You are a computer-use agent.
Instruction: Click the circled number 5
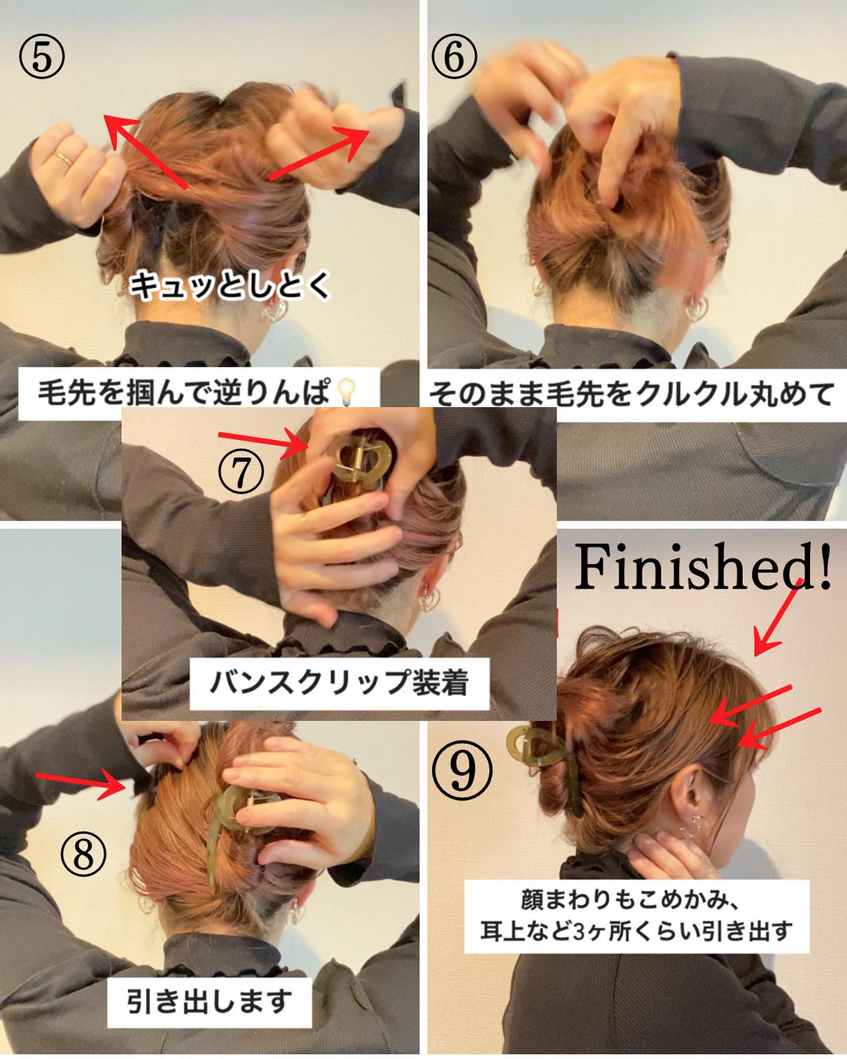click(42, 61)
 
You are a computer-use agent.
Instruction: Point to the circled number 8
click(83, 855)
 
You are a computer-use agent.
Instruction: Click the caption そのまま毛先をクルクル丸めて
click(631, 393)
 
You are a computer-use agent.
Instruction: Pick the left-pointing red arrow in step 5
click(146, 151)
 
